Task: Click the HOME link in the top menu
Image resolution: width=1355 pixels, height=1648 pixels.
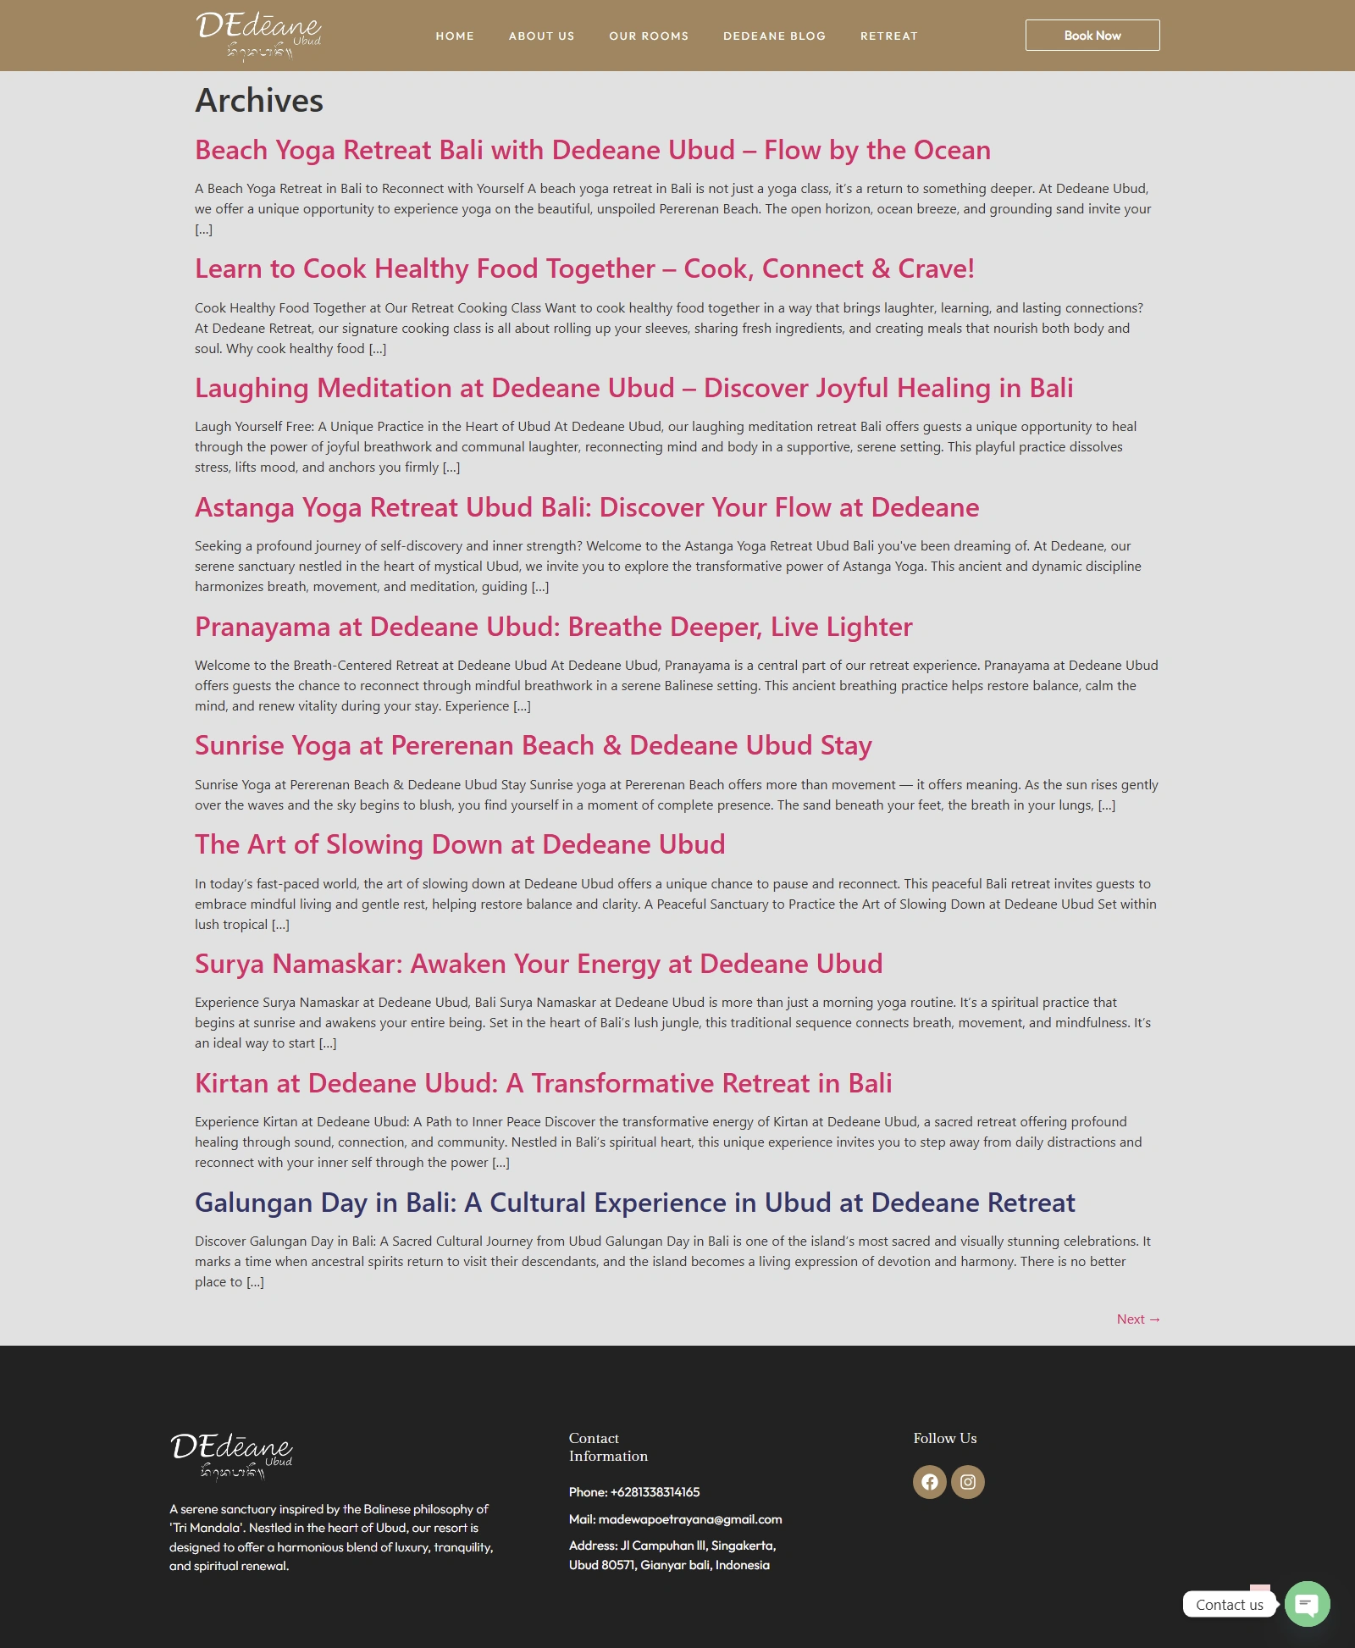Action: click(455, 36)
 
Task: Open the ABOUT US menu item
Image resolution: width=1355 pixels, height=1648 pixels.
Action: click(541, 36)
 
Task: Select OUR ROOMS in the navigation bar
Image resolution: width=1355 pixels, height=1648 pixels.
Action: click(649, 36)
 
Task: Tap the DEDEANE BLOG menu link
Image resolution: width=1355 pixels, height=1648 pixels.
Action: click(774, 36)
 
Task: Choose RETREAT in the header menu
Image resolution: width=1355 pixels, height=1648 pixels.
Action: click(888, 36)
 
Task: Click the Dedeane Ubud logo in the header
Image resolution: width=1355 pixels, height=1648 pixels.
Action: click(258, 36)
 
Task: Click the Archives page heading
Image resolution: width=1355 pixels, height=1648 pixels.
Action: click(259, 101)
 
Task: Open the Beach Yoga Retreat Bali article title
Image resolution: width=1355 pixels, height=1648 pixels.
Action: click(592, 150)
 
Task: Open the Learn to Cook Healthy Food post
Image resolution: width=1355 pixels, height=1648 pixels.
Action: click(584, 268)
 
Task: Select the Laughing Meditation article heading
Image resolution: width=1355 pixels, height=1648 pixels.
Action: click(633, 388)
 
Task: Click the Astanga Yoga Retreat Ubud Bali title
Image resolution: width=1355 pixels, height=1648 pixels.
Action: click(586, 507)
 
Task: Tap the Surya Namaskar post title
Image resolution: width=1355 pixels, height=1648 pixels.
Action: click(538, 964)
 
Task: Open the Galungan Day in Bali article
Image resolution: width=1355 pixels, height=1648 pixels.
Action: click(634, 1203)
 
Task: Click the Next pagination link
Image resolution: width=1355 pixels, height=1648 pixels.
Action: click(1137, 1319)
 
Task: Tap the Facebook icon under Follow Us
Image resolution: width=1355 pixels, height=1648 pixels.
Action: click(929, 1482)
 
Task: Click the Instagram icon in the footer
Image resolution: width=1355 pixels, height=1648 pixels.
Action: click(967, 1482)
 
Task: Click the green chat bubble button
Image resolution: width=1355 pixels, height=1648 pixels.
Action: click(1307, 1603)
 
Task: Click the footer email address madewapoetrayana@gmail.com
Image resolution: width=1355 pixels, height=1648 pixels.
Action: click(689, 1519)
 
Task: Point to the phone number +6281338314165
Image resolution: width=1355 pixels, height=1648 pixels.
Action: click(654, 1492)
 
